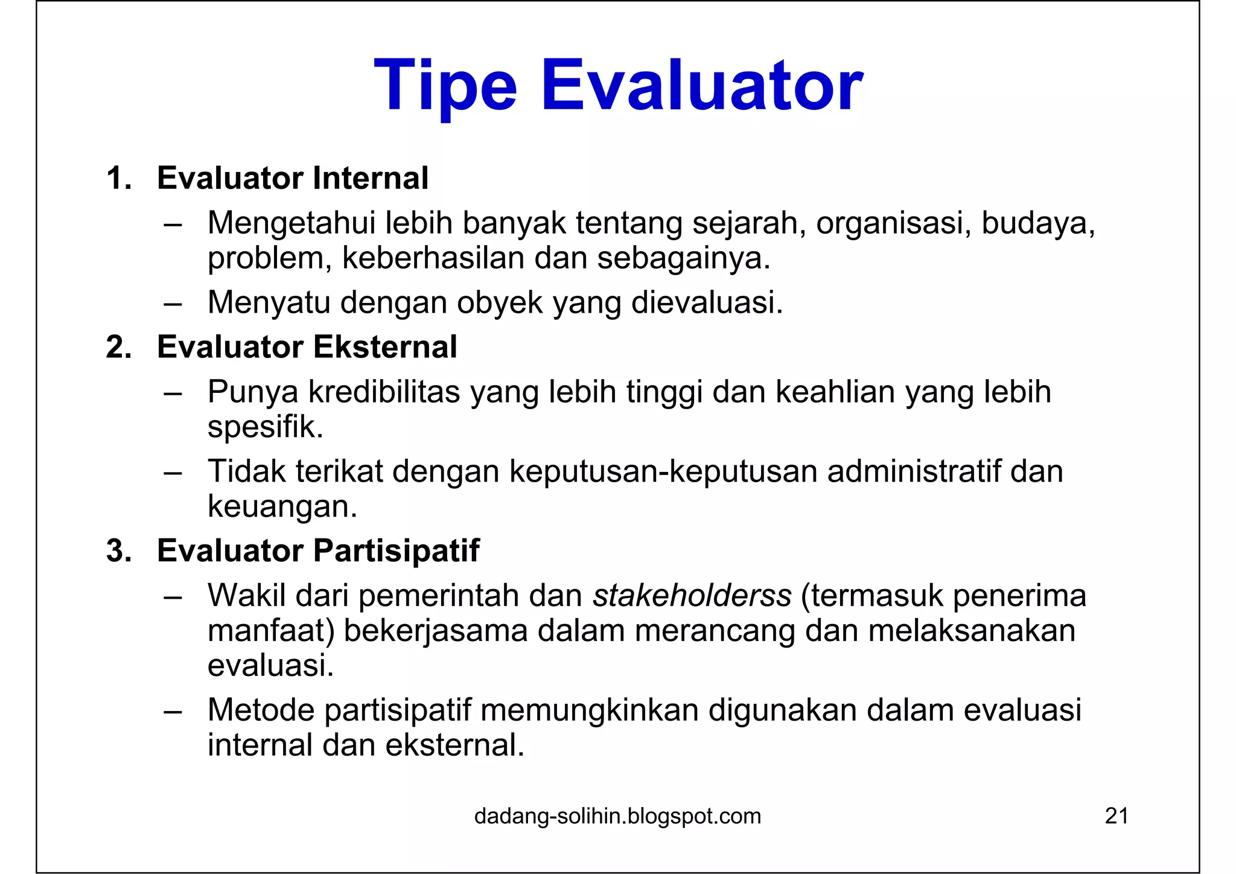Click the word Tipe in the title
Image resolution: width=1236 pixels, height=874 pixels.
445,86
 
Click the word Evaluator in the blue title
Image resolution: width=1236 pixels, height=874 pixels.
702,86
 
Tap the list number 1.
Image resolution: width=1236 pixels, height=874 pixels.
118,179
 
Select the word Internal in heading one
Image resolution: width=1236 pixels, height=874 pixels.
371,179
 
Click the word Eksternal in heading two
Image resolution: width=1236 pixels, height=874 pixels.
385,348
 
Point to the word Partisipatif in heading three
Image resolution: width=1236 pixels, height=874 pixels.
396,551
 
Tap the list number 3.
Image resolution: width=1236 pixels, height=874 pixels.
118,551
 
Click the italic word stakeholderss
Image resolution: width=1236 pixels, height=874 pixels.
692,596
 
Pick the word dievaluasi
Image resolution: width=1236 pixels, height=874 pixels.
706,302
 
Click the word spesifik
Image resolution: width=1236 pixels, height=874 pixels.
265,427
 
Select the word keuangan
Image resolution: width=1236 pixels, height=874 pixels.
282,506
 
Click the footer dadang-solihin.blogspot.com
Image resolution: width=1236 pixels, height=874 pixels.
617,817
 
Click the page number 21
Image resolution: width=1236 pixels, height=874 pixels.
1117,817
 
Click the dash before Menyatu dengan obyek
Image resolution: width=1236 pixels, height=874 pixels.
173,304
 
